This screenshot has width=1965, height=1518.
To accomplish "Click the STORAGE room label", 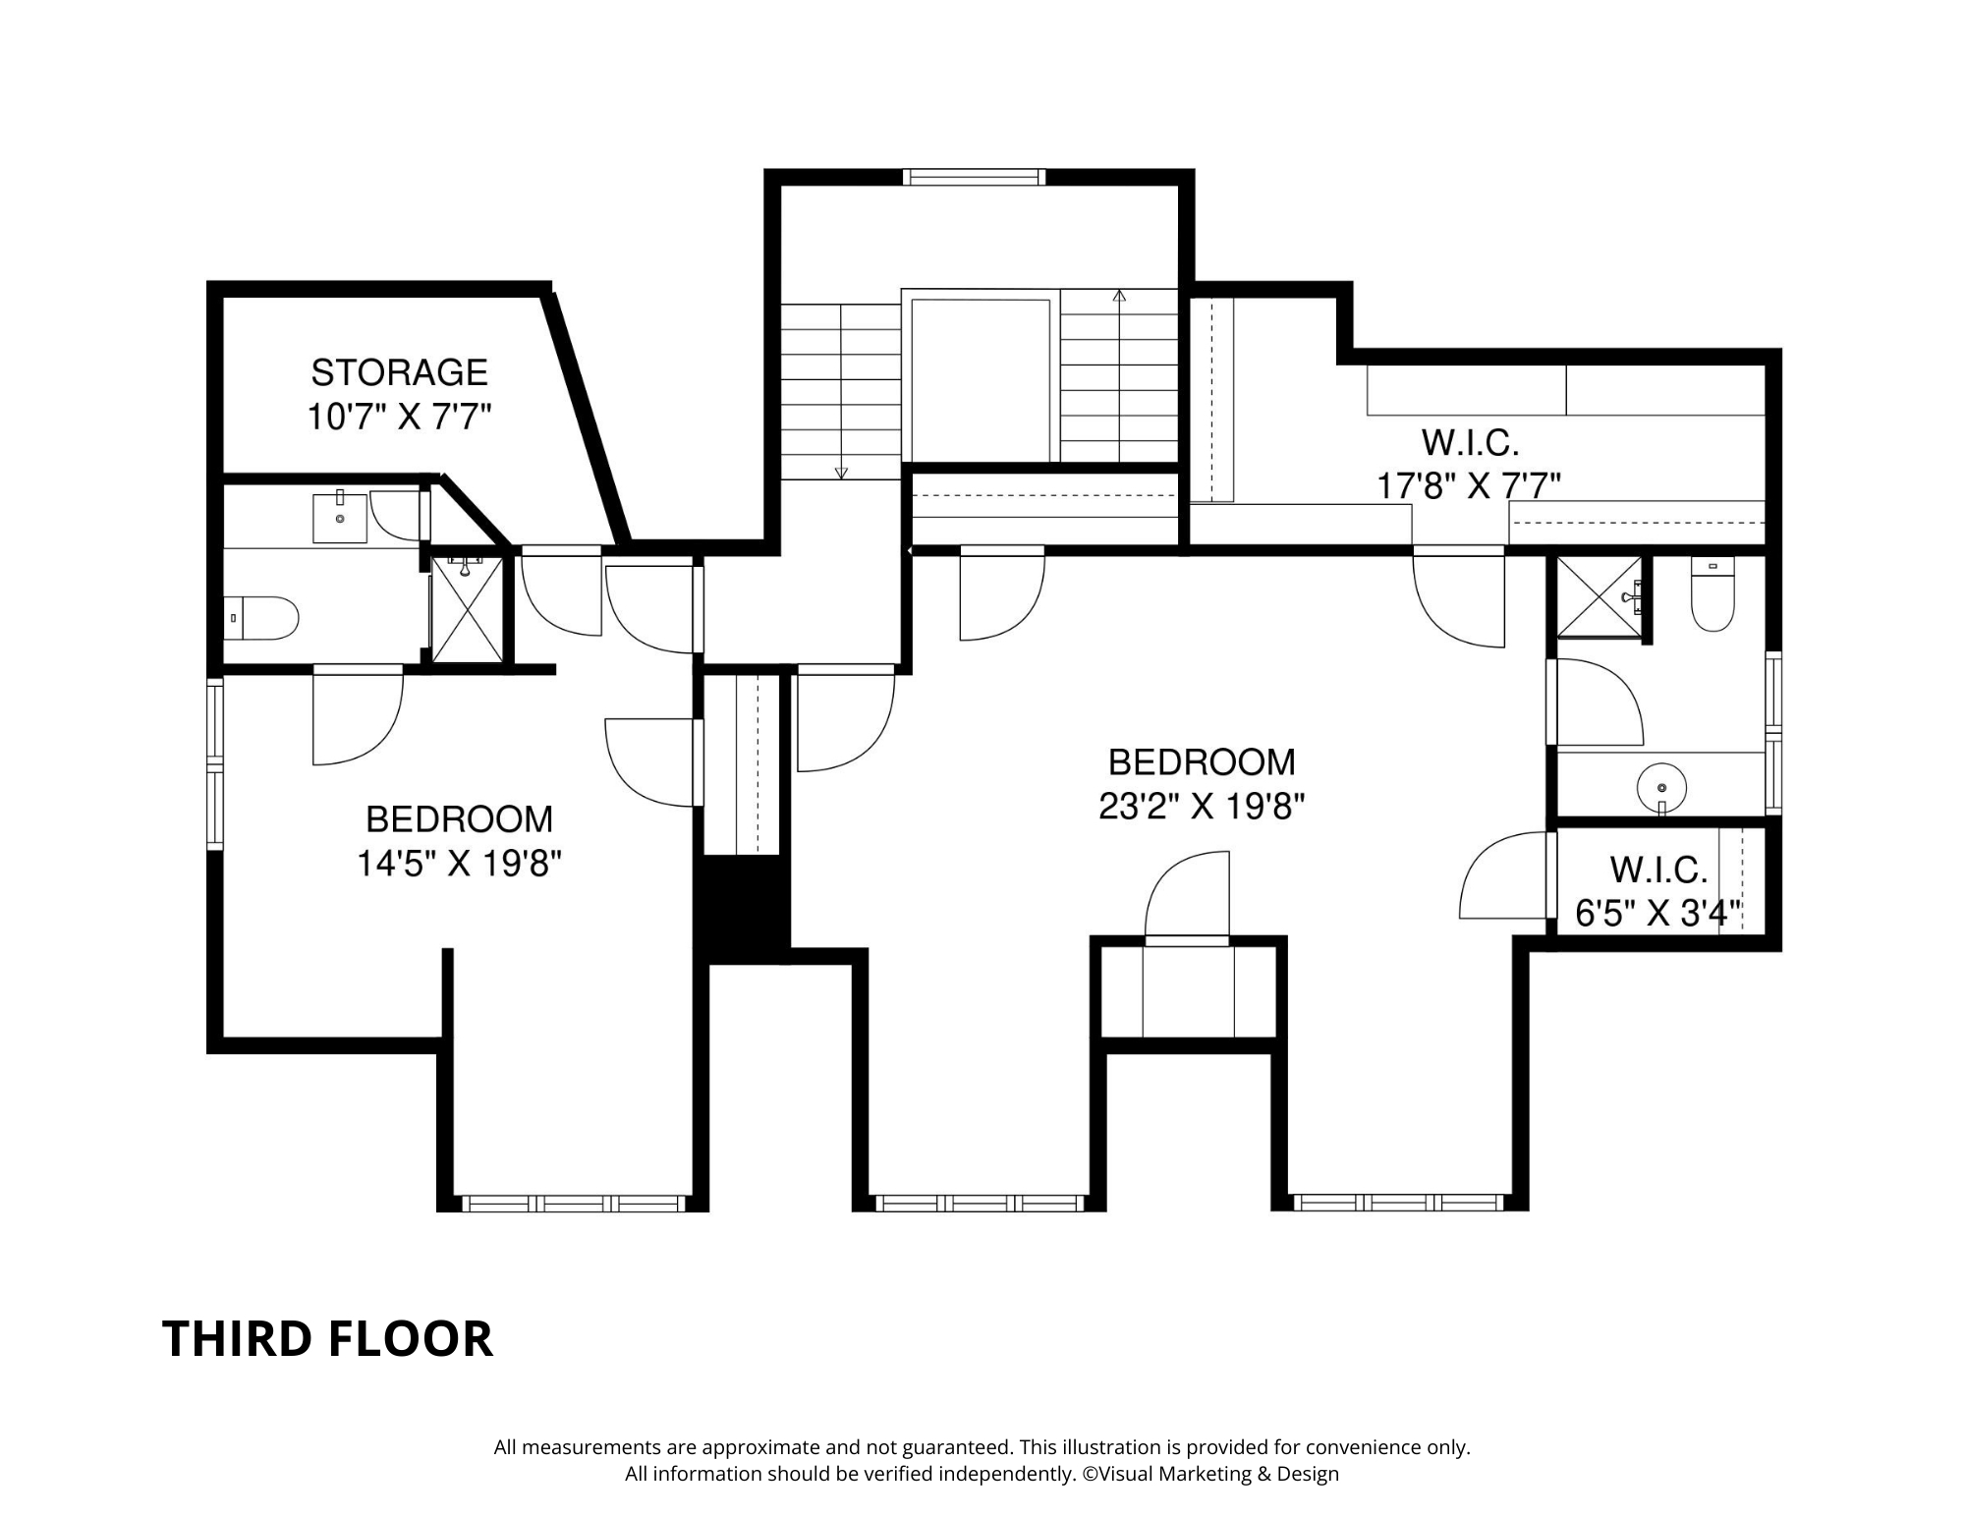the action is coord(399,372).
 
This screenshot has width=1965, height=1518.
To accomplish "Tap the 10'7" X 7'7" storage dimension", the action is coord(399,418).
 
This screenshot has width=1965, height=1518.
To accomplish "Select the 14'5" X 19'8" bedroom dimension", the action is coord(459,864).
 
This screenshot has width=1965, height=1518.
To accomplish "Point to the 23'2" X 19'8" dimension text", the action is coord(1202,807).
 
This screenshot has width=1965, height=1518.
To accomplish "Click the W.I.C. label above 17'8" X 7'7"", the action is coord(1471,443).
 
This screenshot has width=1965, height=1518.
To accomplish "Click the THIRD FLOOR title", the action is coord(327,1338).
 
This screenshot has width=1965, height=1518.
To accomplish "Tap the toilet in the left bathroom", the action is coord(261,618).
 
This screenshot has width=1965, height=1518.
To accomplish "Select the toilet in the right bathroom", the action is coord(1713,594).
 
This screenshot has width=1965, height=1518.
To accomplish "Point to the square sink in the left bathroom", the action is coord(340,517).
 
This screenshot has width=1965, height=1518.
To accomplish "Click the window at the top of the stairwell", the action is coord(974,177).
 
